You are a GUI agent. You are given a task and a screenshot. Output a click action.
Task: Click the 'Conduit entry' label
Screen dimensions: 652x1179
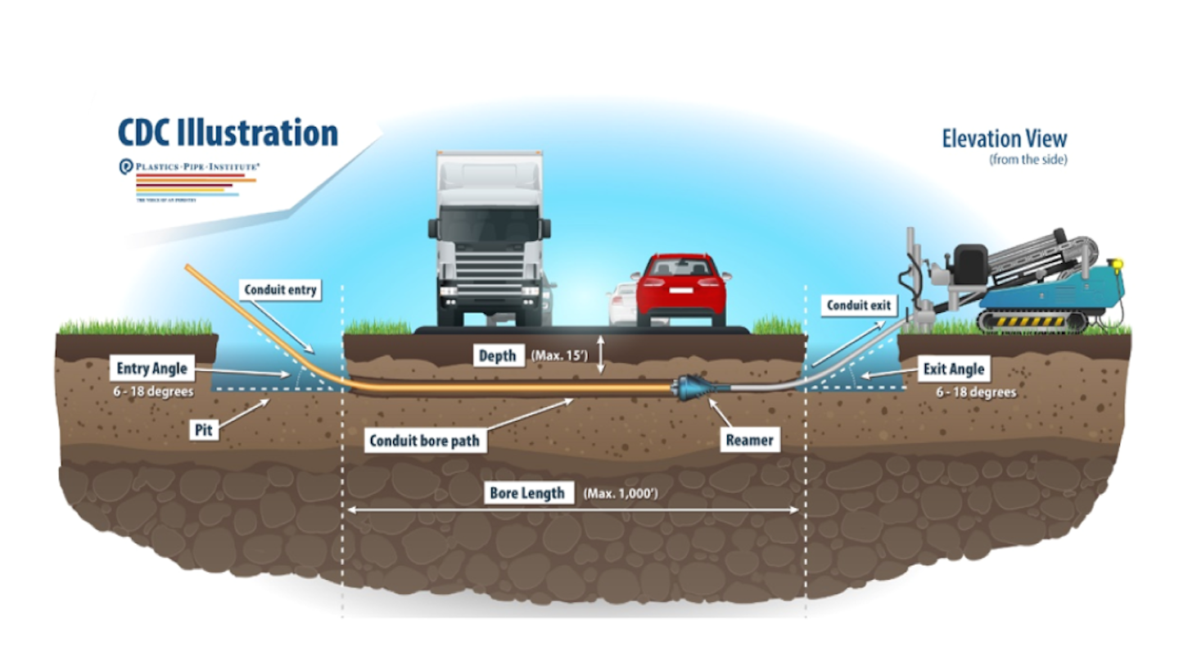[x=280, y=289]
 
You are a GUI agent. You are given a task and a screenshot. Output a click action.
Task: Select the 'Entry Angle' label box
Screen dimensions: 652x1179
[x=152, y=369]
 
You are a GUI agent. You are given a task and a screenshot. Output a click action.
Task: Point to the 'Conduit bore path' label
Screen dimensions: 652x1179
[x=424, y=441]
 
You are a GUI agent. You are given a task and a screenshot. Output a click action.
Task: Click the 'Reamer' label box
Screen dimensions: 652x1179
[x=749, y=441]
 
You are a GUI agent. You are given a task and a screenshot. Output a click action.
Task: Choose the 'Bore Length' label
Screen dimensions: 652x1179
[x=527, y=493]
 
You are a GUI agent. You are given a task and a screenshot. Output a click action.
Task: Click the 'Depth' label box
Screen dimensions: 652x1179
[x=498, y=355]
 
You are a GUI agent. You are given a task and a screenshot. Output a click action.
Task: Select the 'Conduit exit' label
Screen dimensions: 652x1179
[x=857, y=306]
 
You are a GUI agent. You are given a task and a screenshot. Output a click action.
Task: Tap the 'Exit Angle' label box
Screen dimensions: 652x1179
[x=954, y=369]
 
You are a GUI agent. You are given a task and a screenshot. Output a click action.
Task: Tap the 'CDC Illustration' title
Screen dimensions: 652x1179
[x=228, y=133]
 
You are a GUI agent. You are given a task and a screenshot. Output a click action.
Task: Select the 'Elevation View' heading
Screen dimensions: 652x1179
[x=1004, y=138]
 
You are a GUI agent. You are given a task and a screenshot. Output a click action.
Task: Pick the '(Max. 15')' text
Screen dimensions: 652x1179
[x=560, y=355]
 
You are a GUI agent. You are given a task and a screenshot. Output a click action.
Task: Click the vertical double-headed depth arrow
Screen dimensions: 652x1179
[x=601, y=355]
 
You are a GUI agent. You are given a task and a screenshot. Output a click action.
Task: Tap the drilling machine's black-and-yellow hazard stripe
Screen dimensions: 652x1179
[x=1021, y=321]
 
